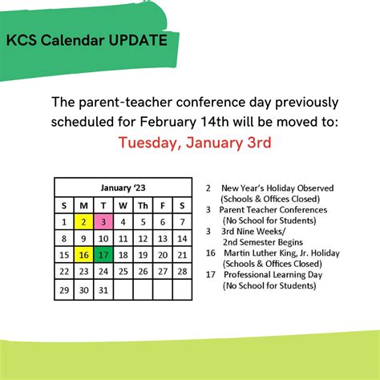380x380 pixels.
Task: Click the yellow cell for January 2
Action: [x=83, y=221]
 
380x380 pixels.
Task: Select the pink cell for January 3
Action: [x=103, y=221]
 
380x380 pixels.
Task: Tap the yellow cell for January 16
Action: [x=83, y=255]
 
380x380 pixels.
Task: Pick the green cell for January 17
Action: [x=103, y=255]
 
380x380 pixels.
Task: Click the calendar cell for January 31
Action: [x=103, y=289]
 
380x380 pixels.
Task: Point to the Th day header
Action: [x=143, y=204]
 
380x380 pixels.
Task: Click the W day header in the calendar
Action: [x=123, y=204]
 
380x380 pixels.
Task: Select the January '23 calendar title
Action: [x=123, y=187]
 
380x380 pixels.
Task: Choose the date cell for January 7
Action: [x=182, y=221]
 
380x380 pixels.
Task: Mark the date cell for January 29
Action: [x=64, y=289]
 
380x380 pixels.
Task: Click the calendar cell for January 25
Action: [x=123, y=272]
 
